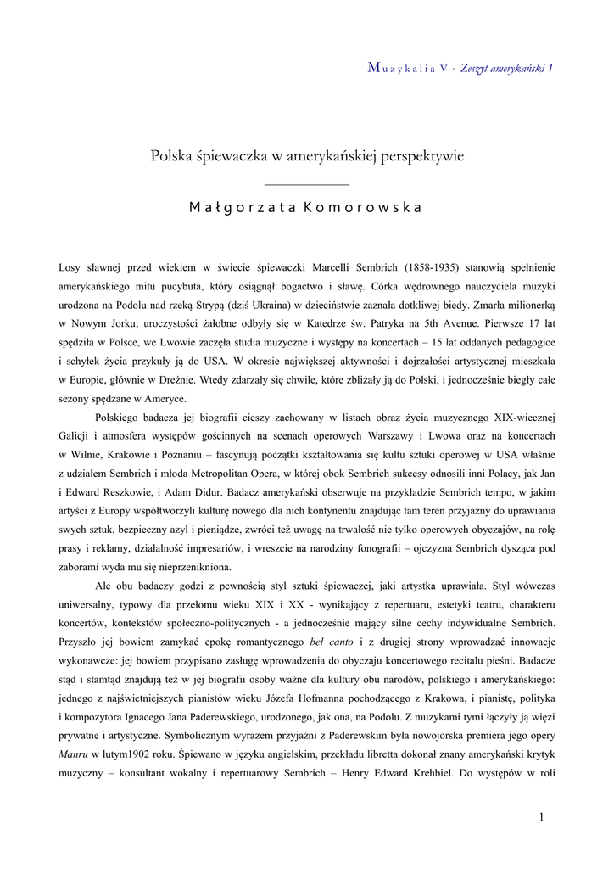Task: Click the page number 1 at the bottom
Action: tap(541, 816)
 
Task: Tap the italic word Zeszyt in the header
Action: tap(477, 68)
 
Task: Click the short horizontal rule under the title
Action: tap(306, 183)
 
